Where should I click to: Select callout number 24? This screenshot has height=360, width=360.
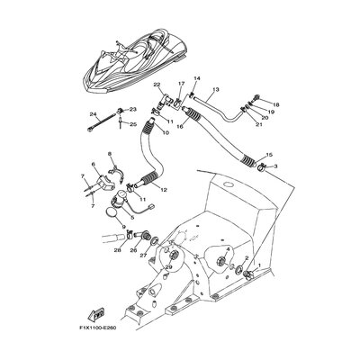[x=92, y=114]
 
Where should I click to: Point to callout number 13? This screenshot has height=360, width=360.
[x=216, y=90]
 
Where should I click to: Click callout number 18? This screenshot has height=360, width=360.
[x=275, y=104]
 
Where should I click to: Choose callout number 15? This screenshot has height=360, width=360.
[x=270, y=155]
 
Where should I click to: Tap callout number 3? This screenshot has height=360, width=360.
[x=275, y=166]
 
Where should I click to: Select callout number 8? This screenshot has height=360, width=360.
[x=110, y=155]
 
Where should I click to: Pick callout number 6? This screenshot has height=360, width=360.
[x=94, y=165]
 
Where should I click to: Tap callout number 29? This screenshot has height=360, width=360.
[x=168, y=267]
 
